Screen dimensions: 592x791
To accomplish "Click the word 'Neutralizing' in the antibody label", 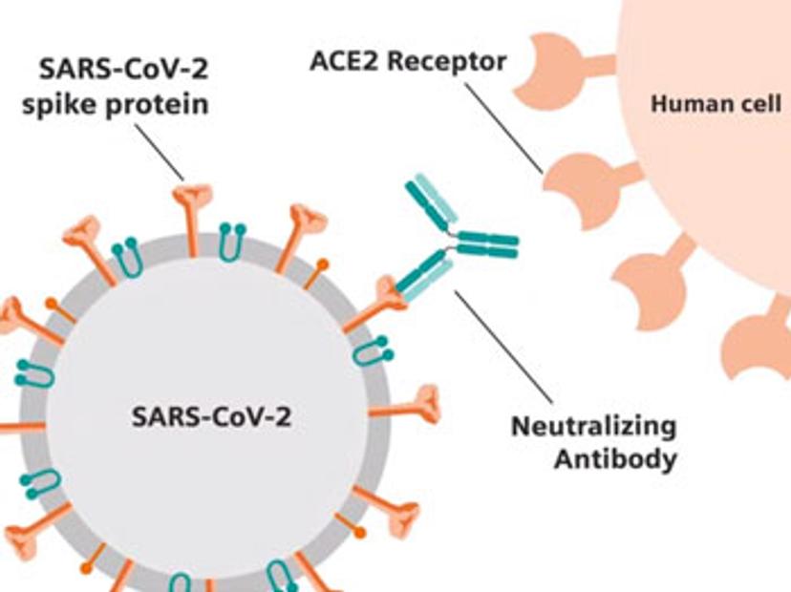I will click(593, 425).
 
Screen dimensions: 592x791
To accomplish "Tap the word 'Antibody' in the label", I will click(616, 458).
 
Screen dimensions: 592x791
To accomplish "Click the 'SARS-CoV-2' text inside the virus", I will click(211, 417).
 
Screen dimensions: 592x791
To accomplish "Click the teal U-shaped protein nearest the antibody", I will click(370, 349).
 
